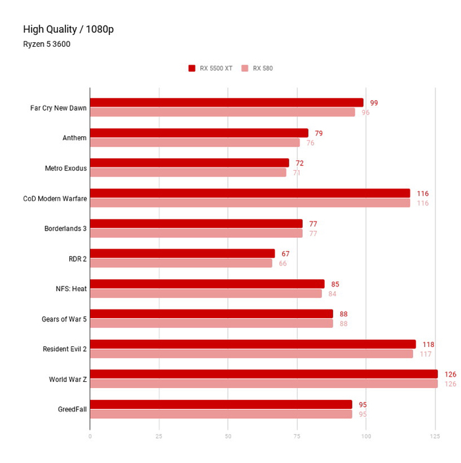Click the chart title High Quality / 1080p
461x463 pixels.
pyautogui.click(x=69, y=29)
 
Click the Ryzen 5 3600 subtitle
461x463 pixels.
pyautogui.click(x=47, y=44)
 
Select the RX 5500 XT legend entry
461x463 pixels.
pyautogui.click(x=211, y=68)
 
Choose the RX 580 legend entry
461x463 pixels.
pyautogui.click(x=257, y=68)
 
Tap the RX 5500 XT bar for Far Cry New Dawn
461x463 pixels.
pyautogui.click(x=227, y=102)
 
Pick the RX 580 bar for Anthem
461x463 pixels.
pyautogui.click(x=195, y=142)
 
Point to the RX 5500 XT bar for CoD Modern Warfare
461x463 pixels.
pyautogui.click(x=250, y=193)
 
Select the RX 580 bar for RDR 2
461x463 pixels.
pyautogui.click(x=181, y=263)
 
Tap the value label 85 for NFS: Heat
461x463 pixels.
pyautogui.click(x=335, y=284)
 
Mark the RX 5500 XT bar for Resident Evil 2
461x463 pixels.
pyautogui.click(x=253, y=344)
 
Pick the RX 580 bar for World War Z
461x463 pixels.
pyautogui.click(x=263, y=383)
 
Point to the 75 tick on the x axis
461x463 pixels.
pyautogui.click(x=297, y=435)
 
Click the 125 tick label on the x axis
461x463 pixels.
pyautogui.click(x=435, y=435)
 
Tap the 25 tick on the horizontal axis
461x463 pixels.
pyautogui.click(x=159, y=435)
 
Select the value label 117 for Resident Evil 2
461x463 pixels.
pyautogui.click(x=426, y=354)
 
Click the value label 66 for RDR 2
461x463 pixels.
pyautogui.click(x=283, y=263)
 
